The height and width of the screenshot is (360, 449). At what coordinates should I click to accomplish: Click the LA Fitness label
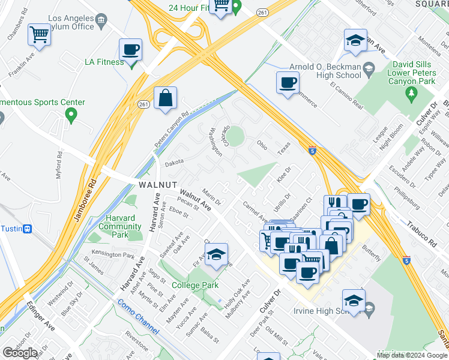(104, 61)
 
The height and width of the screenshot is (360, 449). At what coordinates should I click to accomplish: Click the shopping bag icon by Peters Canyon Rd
(165, 98)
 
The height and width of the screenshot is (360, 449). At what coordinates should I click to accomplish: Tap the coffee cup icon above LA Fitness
(130, 50)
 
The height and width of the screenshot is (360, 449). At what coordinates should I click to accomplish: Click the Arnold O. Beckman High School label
(324, 70)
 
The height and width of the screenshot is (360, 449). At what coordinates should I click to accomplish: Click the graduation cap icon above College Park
(216, 255)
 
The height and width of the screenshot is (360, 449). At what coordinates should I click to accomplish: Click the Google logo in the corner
(20, 352)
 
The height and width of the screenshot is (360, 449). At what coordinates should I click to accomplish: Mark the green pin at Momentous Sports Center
(71, 114)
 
